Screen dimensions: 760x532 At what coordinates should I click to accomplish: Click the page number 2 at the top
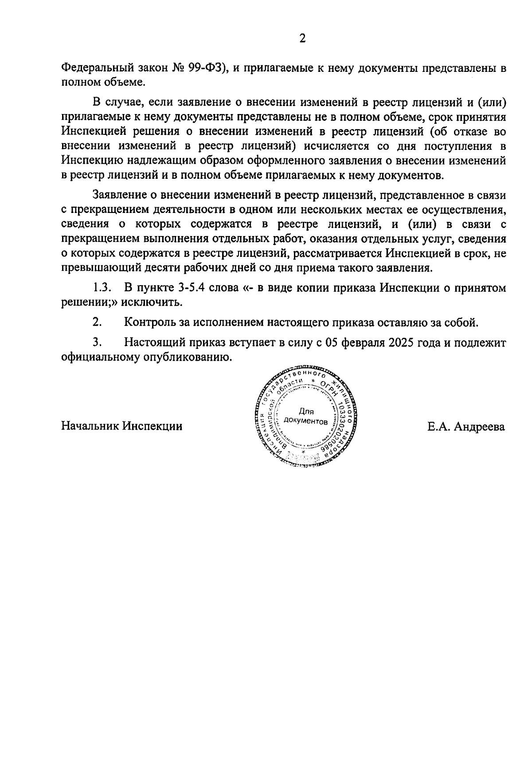pyautogui.click(x=302, y=39)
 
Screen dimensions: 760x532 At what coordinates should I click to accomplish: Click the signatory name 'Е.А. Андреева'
pyautogui.click(x=466, y=427)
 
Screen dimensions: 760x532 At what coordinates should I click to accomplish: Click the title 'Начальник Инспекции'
pyautogui.click(x=121, y=427)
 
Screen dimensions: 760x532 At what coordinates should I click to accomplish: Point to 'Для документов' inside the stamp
pyautogui.click(x=306, y=416)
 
